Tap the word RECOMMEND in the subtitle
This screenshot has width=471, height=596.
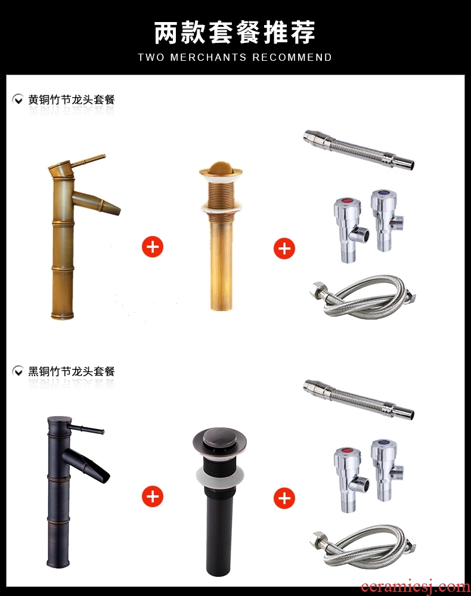[292, 57]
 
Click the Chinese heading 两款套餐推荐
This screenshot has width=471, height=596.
[235, 32]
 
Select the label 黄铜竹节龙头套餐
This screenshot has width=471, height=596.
[72, 100]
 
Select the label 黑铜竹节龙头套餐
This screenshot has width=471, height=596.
[72, 371]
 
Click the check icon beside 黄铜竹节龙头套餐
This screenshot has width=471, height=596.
[18, 100]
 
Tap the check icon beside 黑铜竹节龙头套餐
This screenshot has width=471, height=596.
[18, 371]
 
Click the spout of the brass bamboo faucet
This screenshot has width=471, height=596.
[97, 202]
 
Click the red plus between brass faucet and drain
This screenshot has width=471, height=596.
[153, 247]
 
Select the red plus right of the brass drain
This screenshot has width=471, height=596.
[284, 249]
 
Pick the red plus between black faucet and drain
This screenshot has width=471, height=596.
[153, 496]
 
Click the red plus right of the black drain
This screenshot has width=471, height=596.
[284, 498]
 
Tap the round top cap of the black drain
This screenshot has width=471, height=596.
[219, 442]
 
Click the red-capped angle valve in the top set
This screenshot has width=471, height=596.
[349, 230]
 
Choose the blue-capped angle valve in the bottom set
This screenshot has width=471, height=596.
[386, 471]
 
